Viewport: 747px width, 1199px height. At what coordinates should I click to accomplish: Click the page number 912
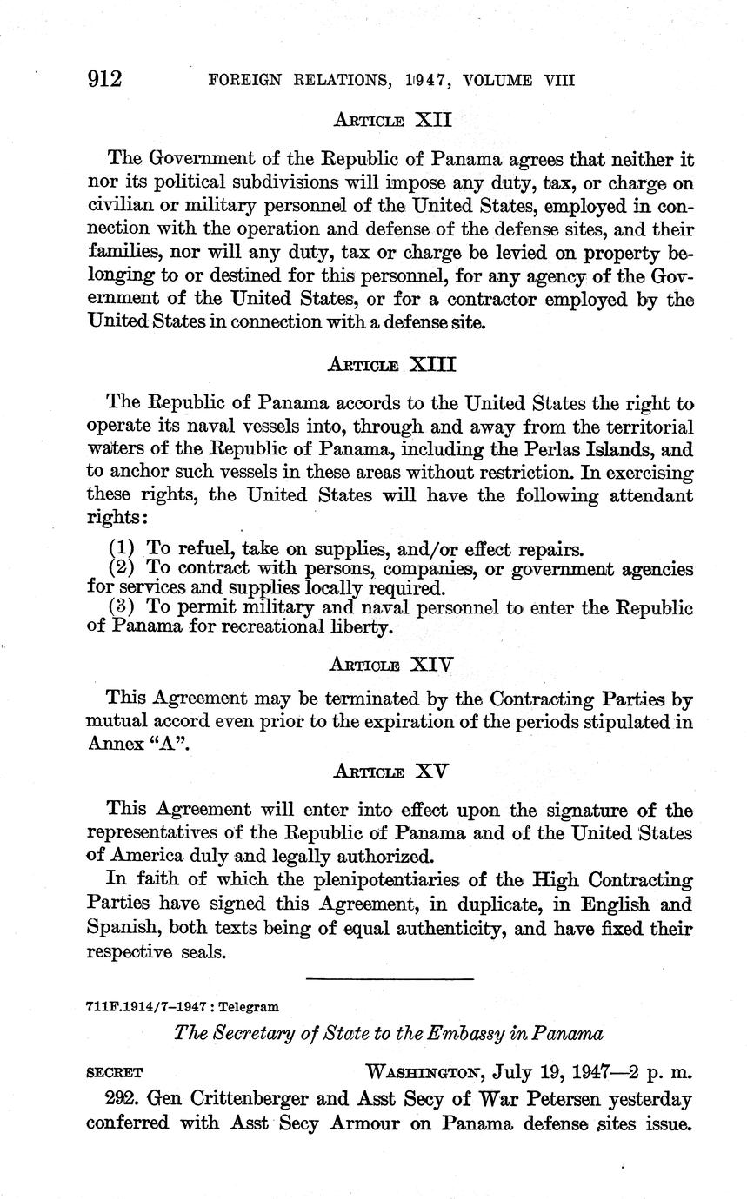104,80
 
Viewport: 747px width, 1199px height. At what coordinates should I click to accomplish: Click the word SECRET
115,1073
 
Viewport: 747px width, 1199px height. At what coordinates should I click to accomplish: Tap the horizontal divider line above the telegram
390,979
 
